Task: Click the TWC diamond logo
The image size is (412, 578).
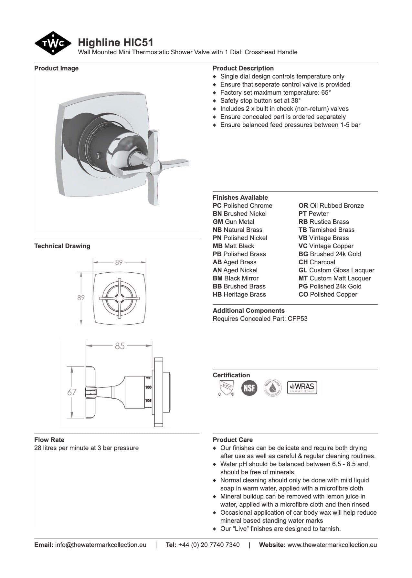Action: pyautogui.click(x=53, y=43)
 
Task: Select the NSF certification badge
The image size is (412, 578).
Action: pyautogui.click(x=249, y=388)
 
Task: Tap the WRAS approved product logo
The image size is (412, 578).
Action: pyautogui.click(x=302, y=387)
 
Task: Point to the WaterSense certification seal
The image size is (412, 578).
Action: pyautogui.click(x=272, y=387)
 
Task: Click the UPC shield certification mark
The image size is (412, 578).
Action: pyautogui.click(x=226, y=387)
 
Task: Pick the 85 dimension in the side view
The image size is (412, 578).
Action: pyautogui.click(x=120, y=346)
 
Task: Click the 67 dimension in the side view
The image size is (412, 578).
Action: pyautogui.click(x=72, y=392)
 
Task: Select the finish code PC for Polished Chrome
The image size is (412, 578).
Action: pyautogui.click(x=217, y=205)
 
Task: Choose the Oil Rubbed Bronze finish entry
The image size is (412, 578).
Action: pyautogui.click(x=331, y=205)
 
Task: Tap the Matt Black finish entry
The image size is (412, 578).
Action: pyautogui.click(x=234, y=246)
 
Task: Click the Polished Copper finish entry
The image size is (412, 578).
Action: pyautogui.click(x=328, y=294)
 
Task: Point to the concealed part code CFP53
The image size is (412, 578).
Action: pyautogui.click(x=298, y=319)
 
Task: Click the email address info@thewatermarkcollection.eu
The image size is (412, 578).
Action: pyautogui.click(x=100, y=545)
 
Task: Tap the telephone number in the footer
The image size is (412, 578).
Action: pyautogui.click(x=209, y=545)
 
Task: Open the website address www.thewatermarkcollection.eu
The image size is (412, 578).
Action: pyautogui.click(x=332, y=545)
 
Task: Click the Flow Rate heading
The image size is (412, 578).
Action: pyautogui.click(x=49, y=440)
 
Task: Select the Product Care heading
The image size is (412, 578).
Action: pyautogui.click(x=233, y=440)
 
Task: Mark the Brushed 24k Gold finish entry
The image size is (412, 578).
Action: pyautogui.click(x=330, y=254)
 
